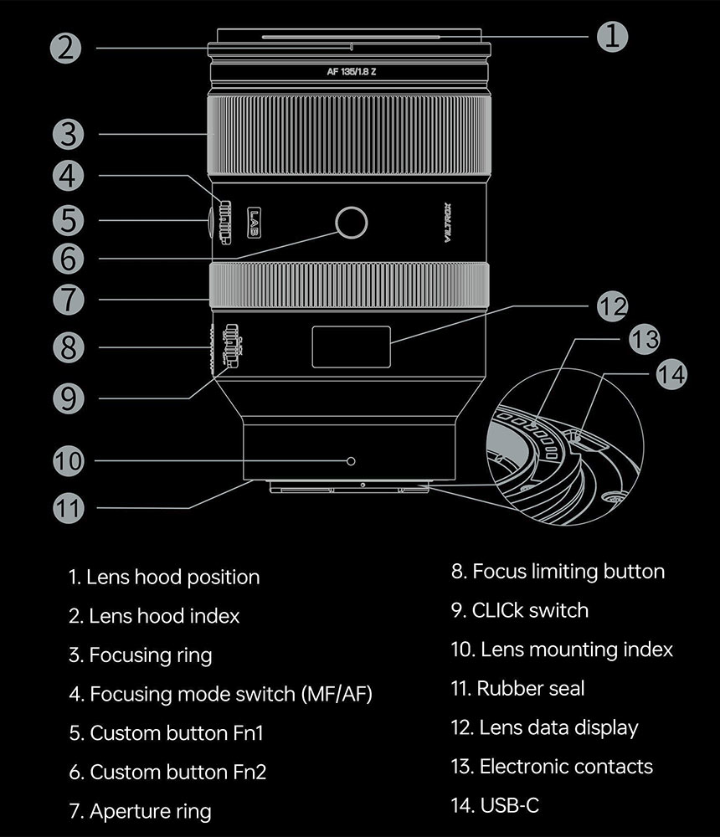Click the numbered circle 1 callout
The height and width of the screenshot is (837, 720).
tap(612, 35)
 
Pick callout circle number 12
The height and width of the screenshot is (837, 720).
tap(612, 306)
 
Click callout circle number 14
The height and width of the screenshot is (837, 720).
tap(670, 374)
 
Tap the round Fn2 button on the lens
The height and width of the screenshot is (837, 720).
tap(351, 223)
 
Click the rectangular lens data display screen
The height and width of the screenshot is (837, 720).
tap(351, 347)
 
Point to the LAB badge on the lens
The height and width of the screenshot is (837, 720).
tap(255, 222)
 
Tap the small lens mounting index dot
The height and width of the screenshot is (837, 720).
tap(351, 460)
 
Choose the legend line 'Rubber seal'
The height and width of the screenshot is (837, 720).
tap(518, 688)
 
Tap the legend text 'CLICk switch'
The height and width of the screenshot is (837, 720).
tap(520, 610)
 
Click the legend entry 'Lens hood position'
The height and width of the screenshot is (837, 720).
tap(164, 577)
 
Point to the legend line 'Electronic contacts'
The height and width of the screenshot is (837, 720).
tap(552, 766)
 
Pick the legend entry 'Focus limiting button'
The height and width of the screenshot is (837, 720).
tap(558, 572)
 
